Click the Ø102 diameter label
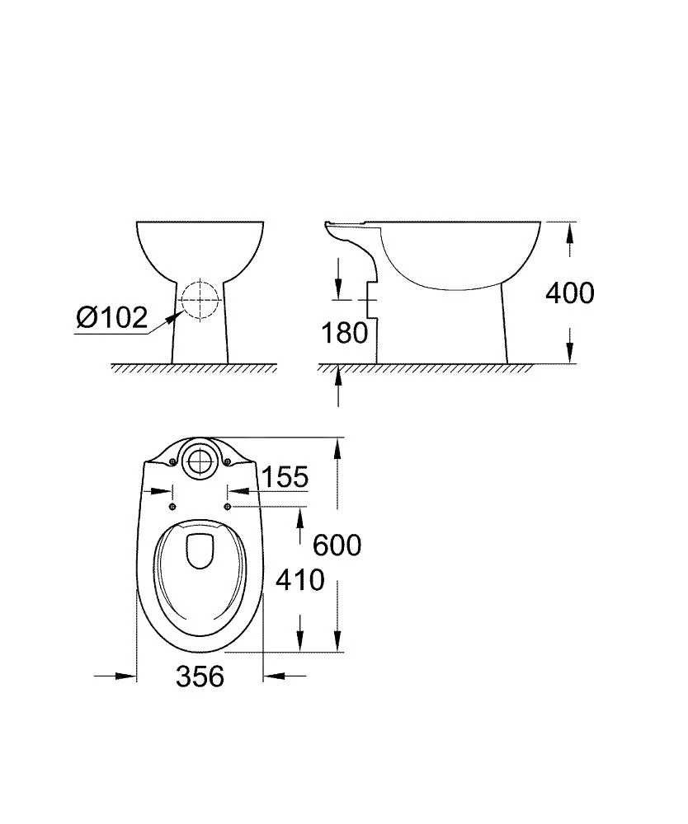click(x=111, y=318)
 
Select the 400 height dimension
click(x=570, y=293)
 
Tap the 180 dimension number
click(x=345, y=333)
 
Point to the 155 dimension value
click(x=285, y=477)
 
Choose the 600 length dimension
click(x=337, y=545)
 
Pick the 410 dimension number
click(x=300, y=580)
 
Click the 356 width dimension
click(x=200, y=676)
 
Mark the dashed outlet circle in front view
click(x=200, y=300)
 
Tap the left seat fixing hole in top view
click(x=172, y=506)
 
